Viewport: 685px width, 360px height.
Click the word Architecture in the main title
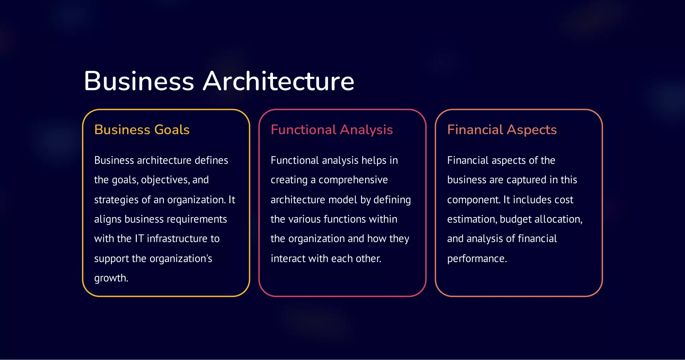tap(279, 81)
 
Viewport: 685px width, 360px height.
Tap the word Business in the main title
tap(139, 81)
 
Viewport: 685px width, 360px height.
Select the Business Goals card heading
tap(142, 130)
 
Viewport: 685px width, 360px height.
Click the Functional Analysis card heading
tap(331, 130)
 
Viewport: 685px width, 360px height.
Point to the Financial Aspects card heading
tap(502, 130)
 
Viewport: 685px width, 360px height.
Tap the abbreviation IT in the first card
tap(139, 239)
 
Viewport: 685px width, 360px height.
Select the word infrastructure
tap(177, 239)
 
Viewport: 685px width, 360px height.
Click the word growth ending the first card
tap(110, 278)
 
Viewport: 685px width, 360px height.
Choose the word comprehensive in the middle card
tap(353, 180)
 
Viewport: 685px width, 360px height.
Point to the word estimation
tap(472, 219)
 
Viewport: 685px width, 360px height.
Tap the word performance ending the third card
tap(476, 259)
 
